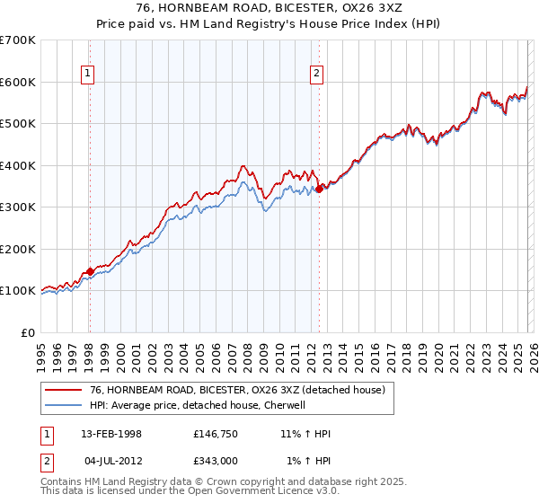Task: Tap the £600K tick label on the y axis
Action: tap(18, 82)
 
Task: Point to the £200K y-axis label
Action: tap(18, 249)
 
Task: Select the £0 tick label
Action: tap(29, 332)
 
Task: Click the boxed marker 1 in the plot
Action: tap(89, 75)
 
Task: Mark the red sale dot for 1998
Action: tap(90, 271)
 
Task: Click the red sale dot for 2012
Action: tap(319, 189)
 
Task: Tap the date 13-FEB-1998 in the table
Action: tap(111, 434)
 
